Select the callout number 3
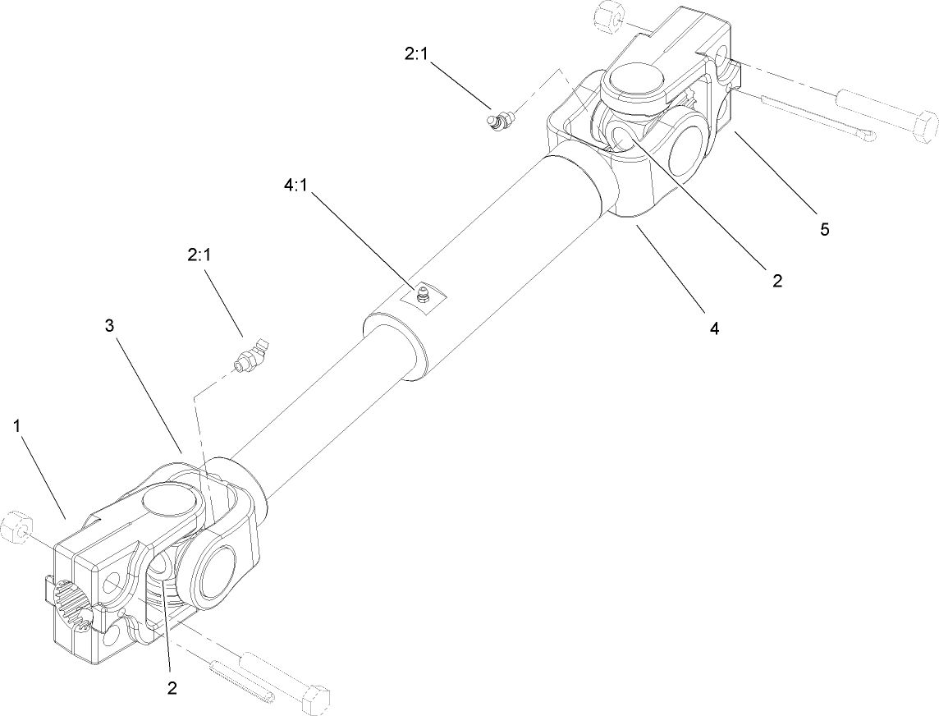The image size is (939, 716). [110, 325]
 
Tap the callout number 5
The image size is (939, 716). [823, 229]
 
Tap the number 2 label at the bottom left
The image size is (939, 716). [172, 687]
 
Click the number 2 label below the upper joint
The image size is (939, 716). [776, 280]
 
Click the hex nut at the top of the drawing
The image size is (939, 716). [610, 17]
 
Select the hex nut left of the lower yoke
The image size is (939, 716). [16, 527]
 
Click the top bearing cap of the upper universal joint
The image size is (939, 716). [633, 85]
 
